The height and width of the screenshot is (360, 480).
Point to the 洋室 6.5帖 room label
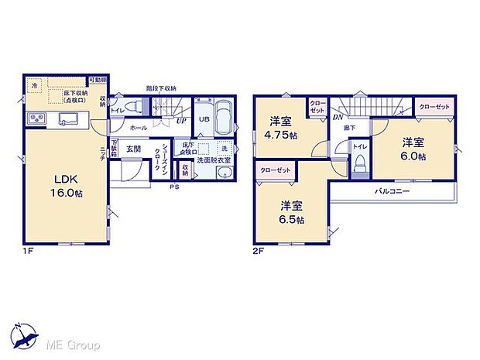291,211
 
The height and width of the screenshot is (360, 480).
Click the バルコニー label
392,190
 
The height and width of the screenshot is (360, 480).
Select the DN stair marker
338,117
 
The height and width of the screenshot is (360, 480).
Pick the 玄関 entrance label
132,149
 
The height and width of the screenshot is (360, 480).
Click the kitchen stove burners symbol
38,118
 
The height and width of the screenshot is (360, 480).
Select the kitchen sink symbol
69,118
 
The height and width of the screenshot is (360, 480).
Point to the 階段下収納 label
161,89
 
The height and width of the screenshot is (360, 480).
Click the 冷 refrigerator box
34,85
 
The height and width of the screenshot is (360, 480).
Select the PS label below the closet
174,187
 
